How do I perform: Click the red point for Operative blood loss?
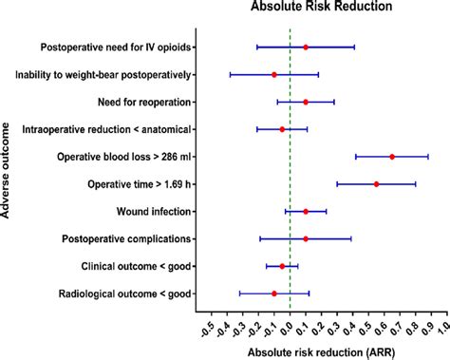[x=391, y=156]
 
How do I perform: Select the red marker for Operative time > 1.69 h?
[x=376, y=183]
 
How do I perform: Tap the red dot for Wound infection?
[x=306, y=211]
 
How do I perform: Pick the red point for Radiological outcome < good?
[x=274, y=294]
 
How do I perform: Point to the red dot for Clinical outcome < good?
[x=282, y=266]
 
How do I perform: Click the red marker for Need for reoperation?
[x=306, y=102]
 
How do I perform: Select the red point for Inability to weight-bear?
[x=274, y=74]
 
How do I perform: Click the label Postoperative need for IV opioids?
[x=117, y=47]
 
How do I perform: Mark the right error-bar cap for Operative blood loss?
[x=428, y=156]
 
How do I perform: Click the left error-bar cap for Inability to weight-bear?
[x=231, y=74]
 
